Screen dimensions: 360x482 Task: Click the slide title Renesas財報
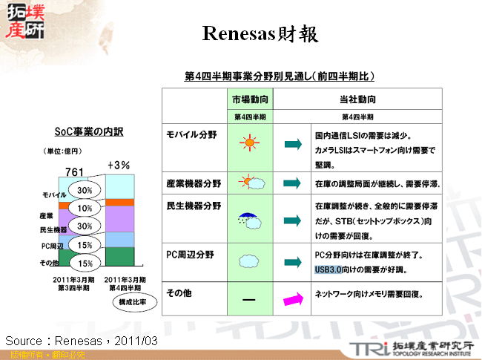(x=260, y=34)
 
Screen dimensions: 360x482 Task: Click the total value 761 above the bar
(x=75, y=171)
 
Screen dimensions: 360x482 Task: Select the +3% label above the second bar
(x=119, y=165)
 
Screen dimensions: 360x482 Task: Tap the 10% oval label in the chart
(x=85, y=209)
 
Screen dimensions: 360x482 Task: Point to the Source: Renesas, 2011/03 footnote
(x=82, y=340)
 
